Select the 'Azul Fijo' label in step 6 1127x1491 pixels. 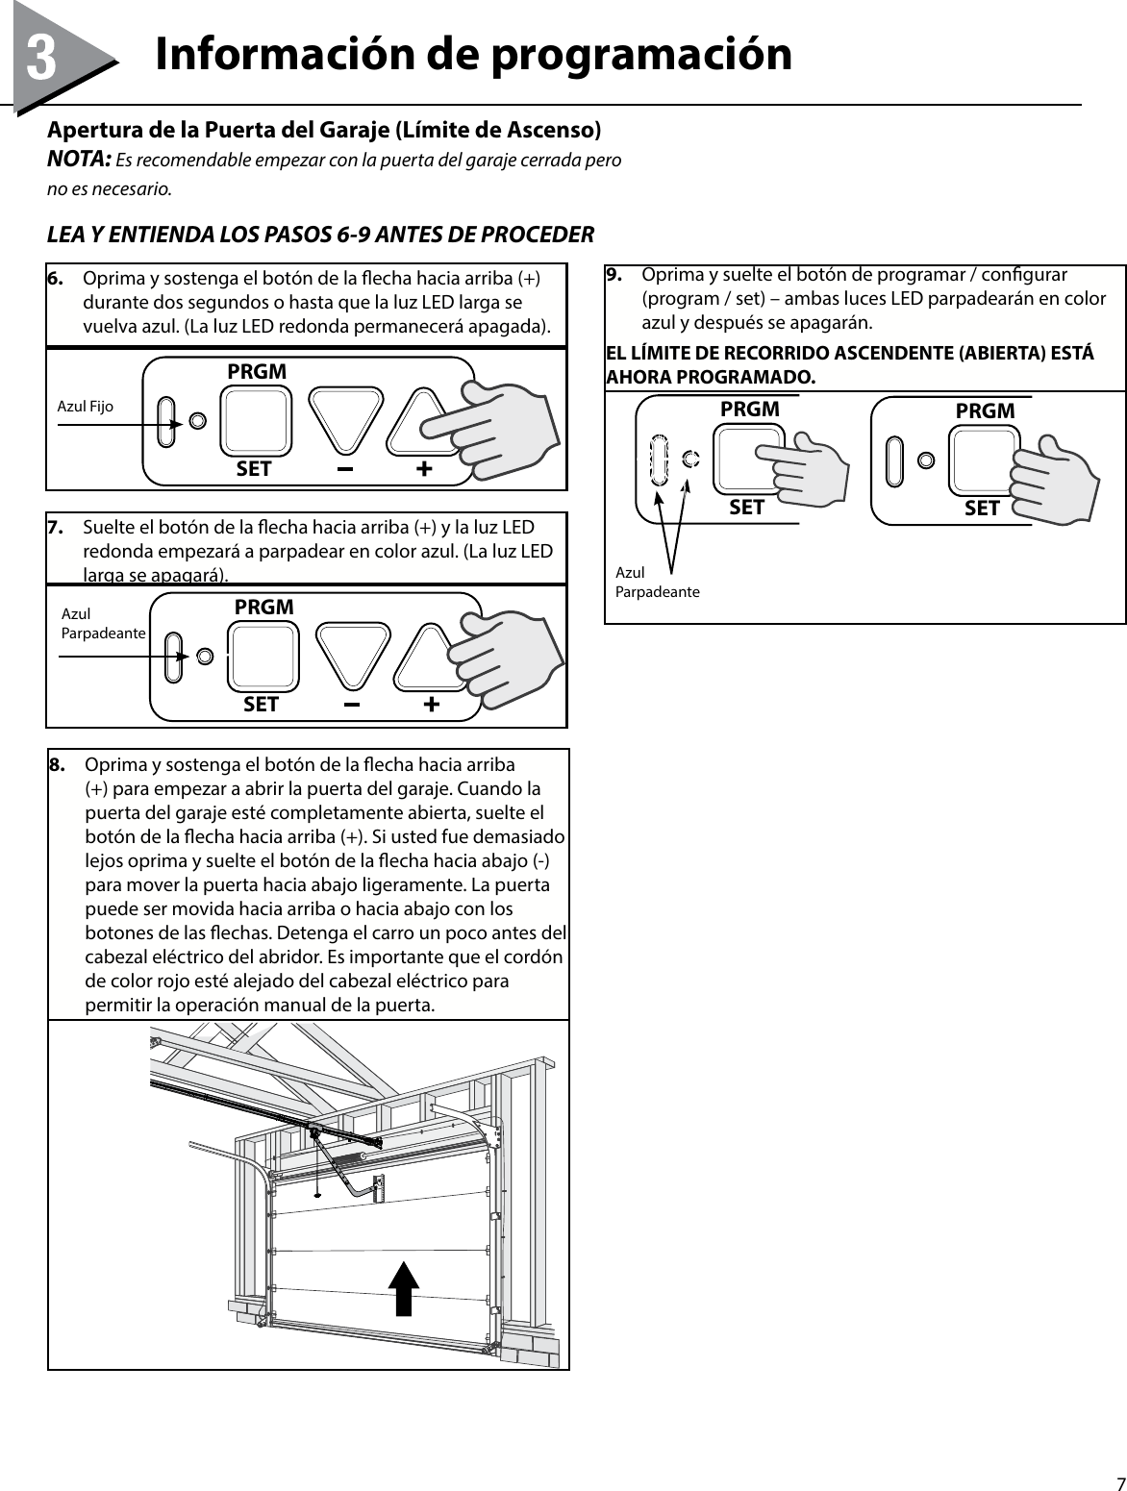coord(86,407)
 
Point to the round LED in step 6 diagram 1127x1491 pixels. coord(197,421)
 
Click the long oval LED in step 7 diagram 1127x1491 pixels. coord(174,658)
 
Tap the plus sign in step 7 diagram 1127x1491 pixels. coord(431,706)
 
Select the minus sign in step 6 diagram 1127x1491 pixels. coord(344,470)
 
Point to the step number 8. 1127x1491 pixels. coord(59,766)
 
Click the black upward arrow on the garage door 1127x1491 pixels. coord(405,1288)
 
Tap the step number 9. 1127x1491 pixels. coord(614,275)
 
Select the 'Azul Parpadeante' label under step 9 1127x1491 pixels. coord(657,582)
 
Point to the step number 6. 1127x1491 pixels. coord(58,279)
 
